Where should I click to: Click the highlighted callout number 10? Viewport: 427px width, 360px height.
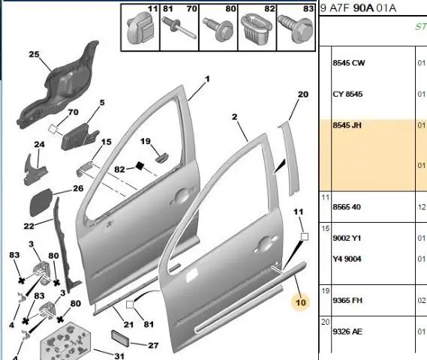point(301,302)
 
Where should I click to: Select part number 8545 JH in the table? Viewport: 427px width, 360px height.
point(347,125)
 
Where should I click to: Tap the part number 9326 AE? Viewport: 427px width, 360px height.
point(347,331)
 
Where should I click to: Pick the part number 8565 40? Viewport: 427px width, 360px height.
point(347,207)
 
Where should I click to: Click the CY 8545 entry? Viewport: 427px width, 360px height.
point(347,94)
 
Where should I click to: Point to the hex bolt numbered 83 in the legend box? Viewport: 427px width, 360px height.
point(296,28)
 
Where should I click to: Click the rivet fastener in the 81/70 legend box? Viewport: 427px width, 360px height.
point(179,28)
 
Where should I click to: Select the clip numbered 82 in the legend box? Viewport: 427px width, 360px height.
point(256,27)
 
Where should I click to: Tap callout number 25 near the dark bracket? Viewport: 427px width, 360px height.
point(34,55)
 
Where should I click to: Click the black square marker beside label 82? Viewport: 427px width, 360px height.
point(140,166)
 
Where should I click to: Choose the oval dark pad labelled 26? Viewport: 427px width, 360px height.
point(41,202)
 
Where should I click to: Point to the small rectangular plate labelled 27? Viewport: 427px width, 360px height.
point(120,338)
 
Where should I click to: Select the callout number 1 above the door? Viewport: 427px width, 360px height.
point(208,79)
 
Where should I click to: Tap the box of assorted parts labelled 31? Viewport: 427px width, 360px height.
point(65,342)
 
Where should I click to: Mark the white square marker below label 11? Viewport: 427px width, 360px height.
point(305,237)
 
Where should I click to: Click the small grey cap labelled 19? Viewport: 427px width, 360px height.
point(161,157)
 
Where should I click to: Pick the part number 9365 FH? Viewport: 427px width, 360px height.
point(347,300)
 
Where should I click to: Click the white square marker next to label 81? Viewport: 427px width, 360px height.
point(130,304)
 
